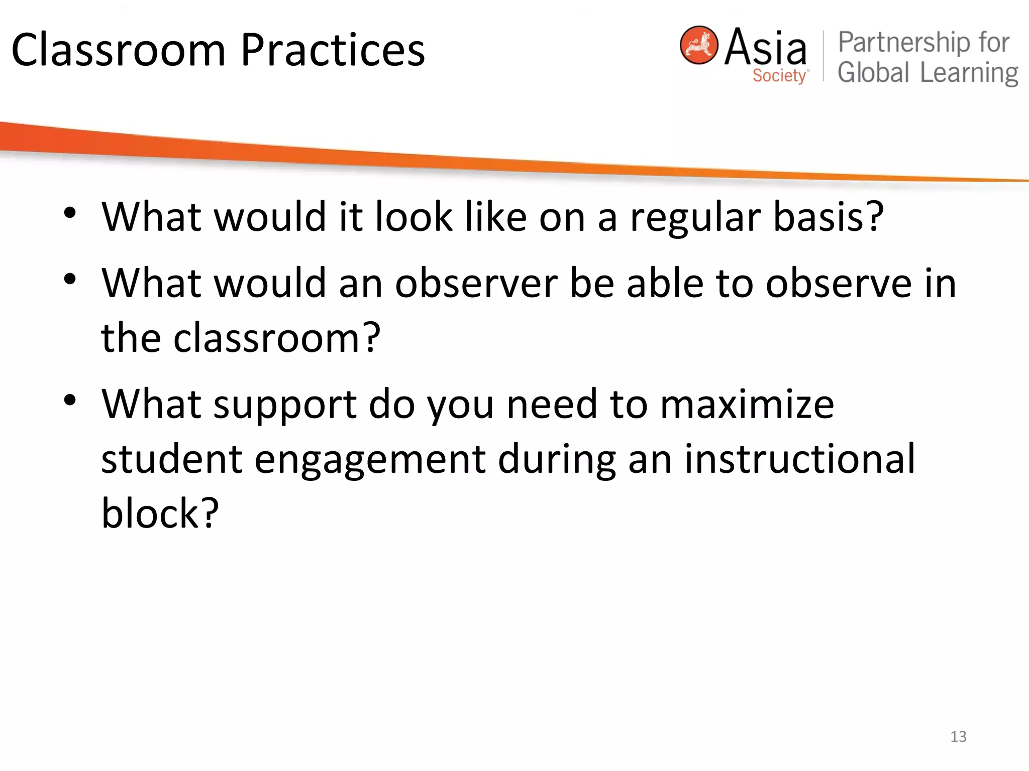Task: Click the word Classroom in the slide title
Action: coord(119,50)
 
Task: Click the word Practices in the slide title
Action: coord(333,50)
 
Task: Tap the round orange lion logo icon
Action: coord(698,45)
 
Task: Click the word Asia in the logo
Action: coord(765,47)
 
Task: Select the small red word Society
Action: coord(779,76)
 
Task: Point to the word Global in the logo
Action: coord(873,73)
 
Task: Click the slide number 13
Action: coord(958,736)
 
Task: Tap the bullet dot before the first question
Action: coord(70,213)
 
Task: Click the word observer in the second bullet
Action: coord(476,284)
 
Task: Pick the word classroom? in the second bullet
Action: coord(277,338)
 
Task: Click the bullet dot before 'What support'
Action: coord(70,400)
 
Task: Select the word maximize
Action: coord(747,405)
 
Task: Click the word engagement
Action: coord(370,460)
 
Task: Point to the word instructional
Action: coord(799,459)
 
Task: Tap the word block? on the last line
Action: coord(160,513)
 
